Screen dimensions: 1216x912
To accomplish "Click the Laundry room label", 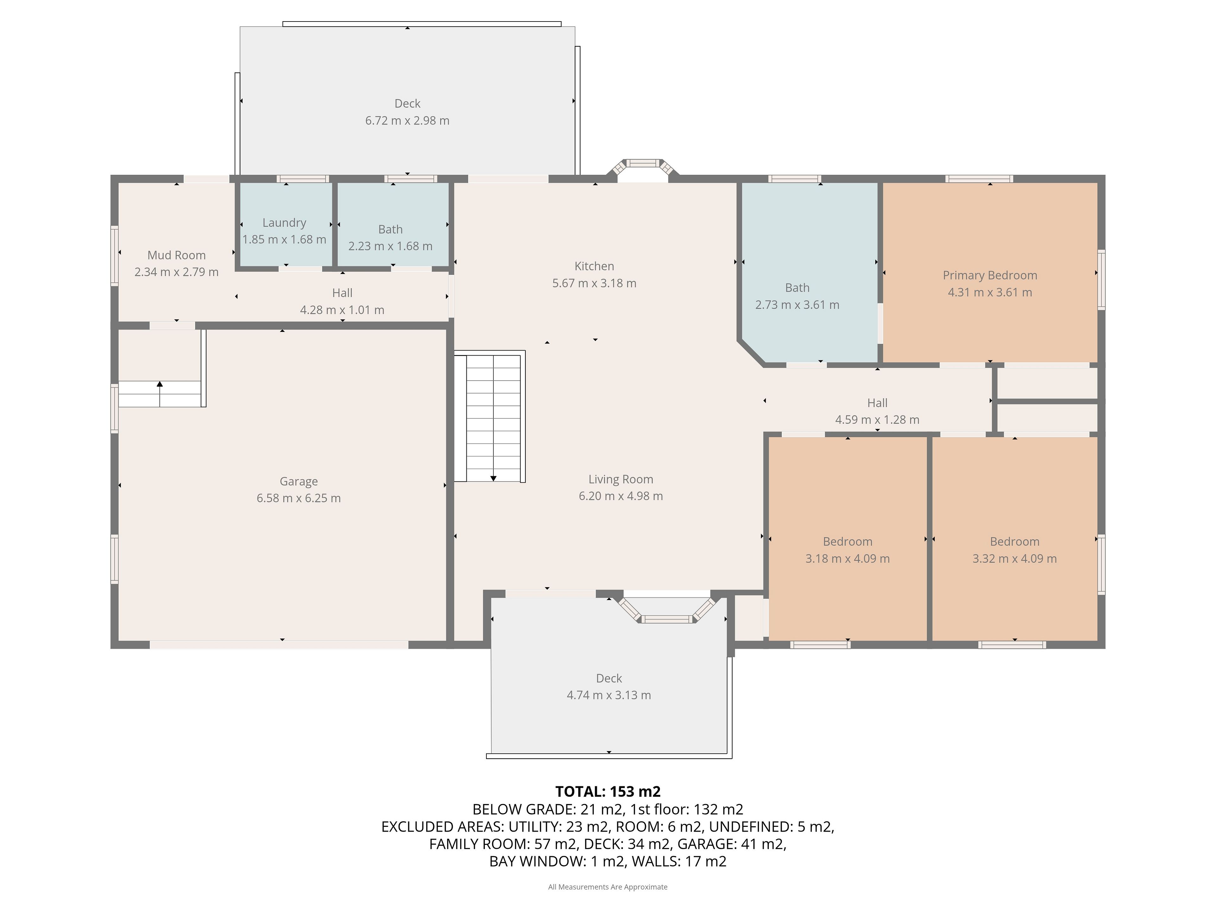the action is coord(284,223).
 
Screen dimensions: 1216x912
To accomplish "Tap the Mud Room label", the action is coord(176,255).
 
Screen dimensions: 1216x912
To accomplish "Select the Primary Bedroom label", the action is coord(990,275).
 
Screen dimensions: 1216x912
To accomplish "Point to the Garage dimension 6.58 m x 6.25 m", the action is coord(299,498).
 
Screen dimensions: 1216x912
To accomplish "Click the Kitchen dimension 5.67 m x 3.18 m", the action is coord(594,283).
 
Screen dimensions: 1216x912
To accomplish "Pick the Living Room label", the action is coord(621,479).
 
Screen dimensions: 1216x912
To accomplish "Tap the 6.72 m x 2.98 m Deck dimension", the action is coord(407,120).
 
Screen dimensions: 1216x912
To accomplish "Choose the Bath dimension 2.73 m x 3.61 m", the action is coord(797,305).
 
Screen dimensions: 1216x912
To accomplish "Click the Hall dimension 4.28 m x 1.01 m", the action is coord(342,310).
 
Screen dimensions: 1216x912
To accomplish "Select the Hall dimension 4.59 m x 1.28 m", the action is coord(877,420).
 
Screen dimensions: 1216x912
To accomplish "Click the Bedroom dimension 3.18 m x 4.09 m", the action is coord(848,559).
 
